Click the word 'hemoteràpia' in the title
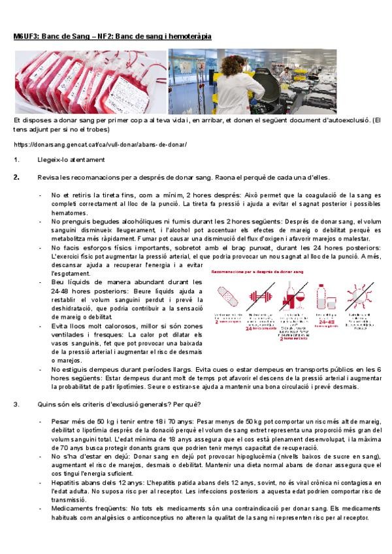point(189,37)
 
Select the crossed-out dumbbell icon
point(261,297)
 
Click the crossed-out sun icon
point(359,297)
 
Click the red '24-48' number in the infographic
point(327,321)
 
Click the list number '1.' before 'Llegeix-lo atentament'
point(16,160)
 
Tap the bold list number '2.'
point(16,177)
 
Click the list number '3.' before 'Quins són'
point(16,403)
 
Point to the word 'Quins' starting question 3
point(46,403)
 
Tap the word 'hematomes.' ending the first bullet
point(69,213)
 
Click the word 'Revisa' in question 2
point(48,177)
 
